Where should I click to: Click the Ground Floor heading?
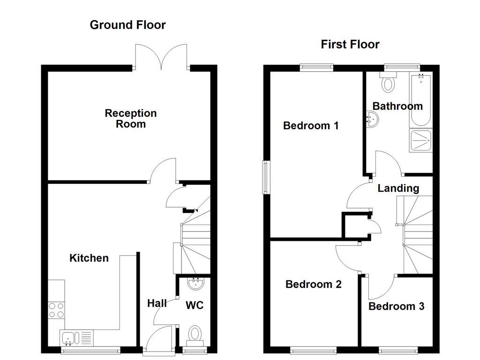127,25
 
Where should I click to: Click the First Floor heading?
350,45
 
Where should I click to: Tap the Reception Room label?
131,119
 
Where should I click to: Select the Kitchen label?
89,258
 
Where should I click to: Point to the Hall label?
157,303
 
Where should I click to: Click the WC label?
195,306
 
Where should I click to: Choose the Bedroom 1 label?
311,126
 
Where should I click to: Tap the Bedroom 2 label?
313,284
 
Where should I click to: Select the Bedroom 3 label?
396,307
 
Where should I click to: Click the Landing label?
398,188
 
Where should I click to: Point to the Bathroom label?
397,106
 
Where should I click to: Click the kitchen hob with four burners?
56,310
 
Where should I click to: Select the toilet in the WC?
194,335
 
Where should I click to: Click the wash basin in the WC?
194,283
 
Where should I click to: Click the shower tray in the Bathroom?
420,140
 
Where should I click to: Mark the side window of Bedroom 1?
265,177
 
